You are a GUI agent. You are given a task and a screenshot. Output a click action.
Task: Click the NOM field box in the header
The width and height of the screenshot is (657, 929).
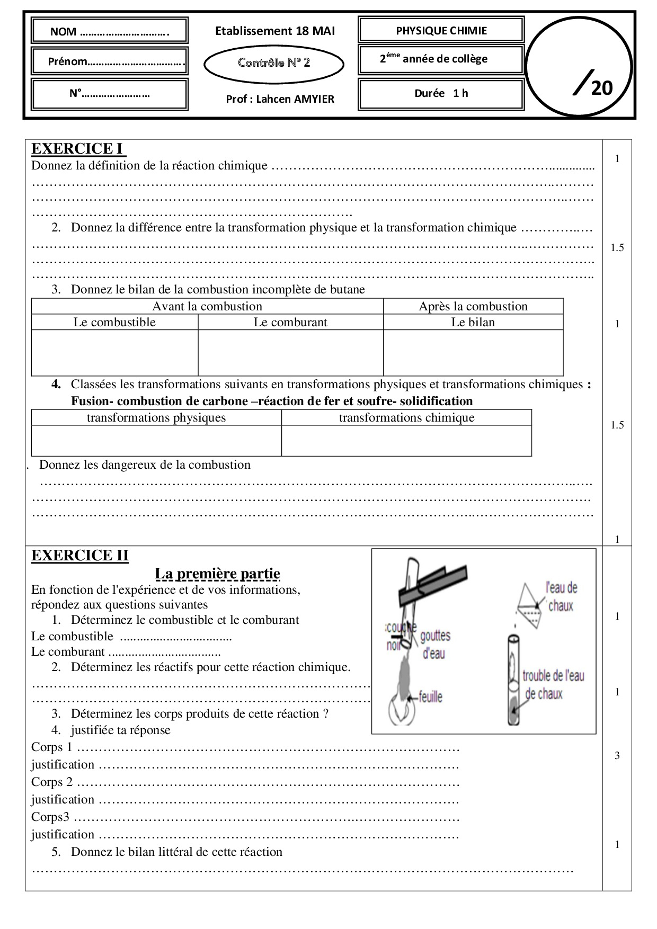point(110,31)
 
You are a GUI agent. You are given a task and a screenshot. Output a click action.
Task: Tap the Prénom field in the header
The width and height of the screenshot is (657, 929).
point(110,61)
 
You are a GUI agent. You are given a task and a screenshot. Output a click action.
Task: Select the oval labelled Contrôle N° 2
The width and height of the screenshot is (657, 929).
point(274,63)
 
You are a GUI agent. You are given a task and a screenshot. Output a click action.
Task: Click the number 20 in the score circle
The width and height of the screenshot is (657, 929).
point(601,88)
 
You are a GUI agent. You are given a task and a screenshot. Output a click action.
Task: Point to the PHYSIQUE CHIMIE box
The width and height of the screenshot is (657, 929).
point(441,31)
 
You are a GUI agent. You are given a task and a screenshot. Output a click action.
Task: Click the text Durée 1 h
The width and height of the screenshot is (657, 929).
point(441,93)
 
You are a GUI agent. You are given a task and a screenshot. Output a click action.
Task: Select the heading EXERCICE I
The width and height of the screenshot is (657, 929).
point(78,149)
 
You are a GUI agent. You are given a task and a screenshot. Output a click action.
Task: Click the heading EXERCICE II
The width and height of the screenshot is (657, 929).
point(79,556)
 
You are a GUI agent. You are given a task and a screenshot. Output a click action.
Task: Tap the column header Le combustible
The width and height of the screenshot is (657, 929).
point(114,322)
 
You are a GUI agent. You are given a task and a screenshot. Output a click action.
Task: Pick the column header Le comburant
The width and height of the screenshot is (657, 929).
point(290,322)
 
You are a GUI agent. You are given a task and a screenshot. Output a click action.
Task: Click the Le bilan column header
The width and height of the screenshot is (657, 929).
point(473,322)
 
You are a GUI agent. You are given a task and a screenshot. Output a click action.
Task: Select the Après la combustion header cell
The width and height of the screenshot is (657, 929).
point(473,306)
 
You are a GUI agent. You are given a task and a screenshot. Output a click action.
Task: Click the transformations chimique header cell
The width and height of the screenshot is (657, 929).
point(406,417)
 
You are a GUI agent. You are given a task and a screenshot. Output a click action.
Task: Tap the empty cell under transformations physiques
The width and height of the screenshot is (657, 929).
point(156,440)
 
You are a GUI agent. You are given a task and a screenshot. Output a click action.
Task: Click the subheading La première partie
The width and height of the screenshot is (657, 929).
point(217,574)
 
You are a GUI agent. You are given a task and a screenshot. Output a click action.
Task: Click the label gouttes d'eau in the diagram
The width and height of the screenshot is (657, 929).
point(435,645)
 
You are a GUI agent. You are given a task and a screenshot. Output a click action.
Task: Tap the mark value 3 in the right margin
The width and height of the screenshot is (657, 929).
point(617,756)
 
